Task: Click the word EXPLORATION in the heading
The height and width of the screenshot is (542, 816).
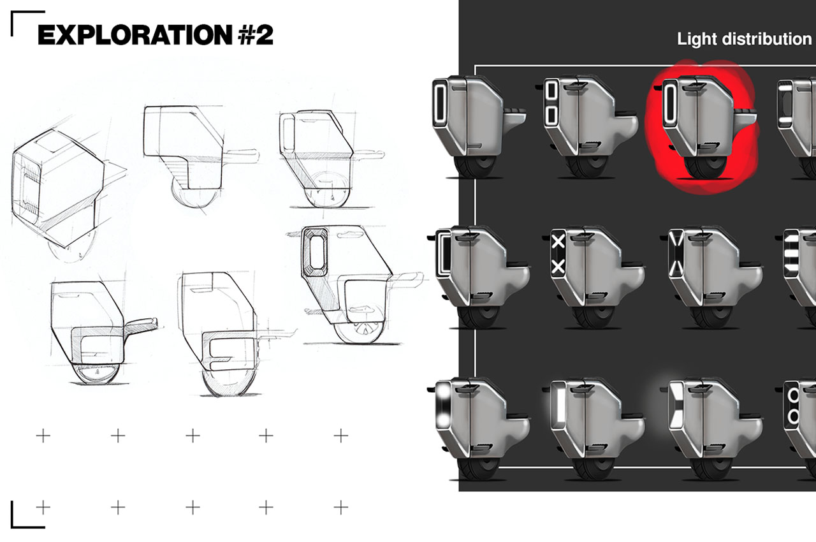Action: click(135, 35)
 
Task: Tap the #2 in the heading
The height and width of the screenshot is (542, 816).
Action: click(255, 35)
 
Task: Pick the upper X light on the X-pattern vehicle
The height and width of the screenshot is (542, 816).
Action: click(558, 241)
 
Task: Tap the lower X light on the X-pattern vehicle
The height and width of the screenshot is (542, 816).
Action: click(558, 267)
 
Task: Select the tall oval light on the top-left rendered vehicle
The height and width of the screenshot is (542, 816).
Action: click(441, 103)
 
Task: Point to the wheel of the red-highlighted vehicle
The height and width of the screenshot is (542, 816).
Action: click(702, 168)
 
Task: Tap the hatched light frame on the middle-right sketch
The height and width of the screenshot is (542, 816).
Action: click(314, 251)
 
